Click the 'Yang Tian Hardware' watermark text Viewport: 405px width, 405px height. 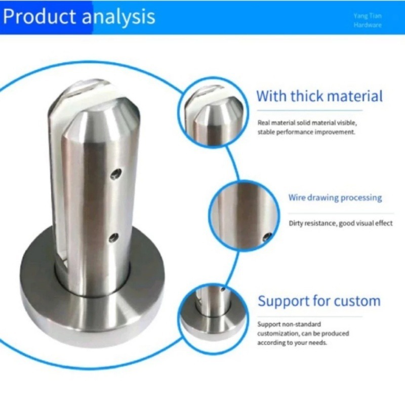pyautogui.click(x=368, y=20)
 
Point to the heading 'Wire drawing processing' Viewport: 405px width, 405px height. pyautogui.click(x=335, y=198)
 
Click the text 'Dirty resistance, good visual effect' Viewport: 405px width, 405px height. pyautogui.click(x=341, y=223)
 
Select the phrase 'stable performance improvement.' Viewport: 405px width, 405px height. pyautogui.click(x=306, y=132)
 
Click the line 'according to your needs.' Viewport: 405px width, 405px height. pyautogui.click(x=292, y=343)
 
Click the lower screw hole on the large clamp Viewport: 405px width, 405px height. pyautogui.click(x=114, y=238)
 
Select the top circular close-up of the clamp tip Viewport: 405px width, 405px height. pyautogui.click(x=213, y=112)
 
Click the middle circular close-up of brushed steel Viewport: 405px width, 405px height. pyautogui.click(x=244, y=215)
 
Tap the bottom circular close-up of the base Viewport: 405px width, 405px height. pyautogui.click(x=213, y=319)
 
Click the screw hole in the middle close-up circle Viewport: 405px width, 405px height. pyautogui.click(x=268, y=236)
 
